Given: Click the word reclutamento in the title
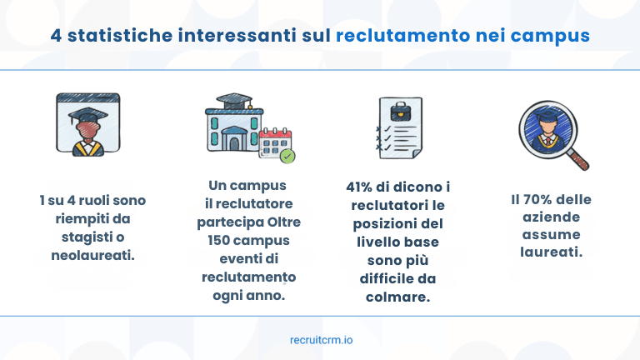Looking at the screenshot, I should (387, 36).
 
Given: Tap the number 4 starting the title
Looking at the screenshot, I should (56, 36).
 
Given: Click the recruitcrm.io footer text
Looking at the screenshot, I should (320, 339).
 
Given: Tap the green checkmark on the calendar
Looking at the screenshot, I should (287, 155).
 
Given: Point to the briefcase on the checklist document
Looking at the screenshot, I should (403, 109).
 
